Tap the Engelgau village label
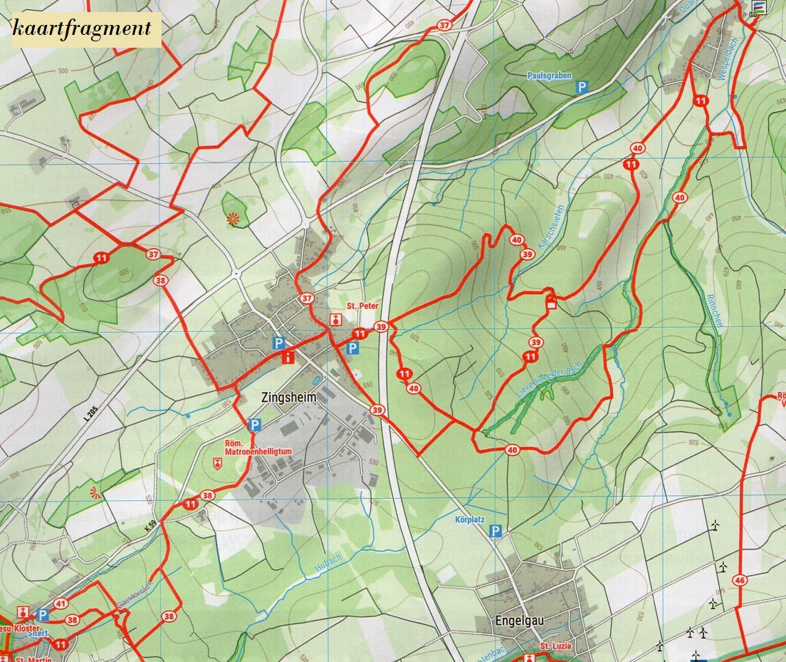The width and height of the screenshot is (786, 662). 519,621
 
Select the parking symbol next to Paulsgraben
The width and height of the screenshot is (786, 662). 582,88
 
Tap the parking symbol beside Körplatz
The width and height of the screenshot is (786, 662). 496,531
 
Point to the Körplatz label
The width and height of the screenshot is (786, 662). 469,520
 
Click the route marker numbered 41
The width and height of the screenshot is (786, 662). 61,604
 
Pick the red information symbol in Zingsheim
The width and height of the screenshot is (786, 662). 288,358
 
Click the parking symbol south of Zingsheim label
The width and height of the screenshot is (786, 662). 254,425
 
